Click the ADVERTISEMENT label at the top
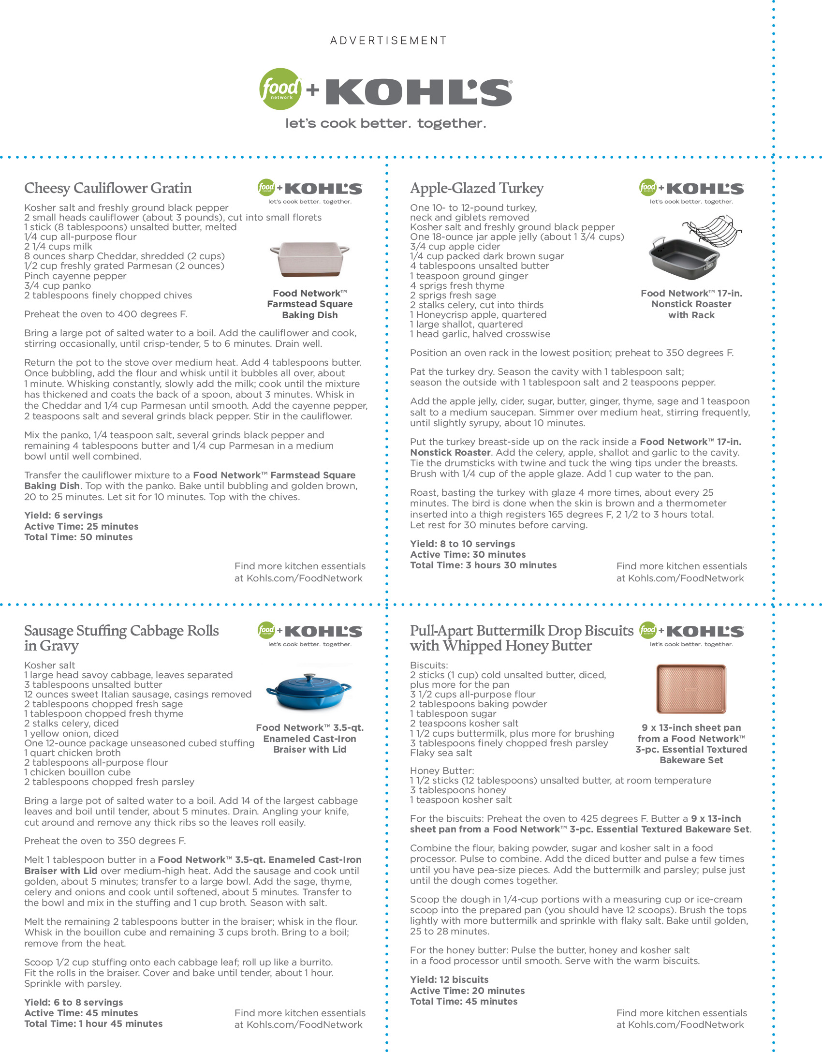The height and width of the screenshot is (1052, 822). (388, 41)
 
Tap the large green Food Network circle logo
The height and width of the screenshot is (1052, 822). (280, 89)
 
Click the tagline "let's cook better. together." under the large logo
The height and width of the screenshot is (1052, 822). (385, 123)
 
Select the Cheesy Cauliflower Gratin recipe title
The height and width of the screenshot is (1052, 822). (108, 188)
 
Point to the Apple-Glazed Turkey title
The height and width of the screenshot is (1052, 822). (477, 188)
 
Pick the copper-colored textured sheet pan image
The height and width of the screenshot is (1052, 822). (691, 689)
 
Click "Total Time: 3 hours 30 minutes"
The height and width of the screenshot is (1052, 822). (483, 565)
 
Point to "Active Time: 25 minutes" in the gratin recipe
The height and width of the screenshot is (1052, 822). (81, 526)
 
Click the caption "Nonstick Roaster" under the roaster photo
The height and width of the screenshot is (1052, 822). (691, 304)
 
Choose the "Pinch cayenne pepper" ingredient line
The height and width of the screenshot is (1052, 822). (75, 276)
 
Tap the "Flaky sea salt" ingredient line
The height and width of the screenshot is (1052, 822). (441, 753)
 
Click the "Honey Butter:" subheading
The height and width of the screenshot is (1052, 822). (442, 770)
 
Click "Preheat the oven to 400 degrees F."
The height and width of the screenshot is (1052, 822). (105, 314)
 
